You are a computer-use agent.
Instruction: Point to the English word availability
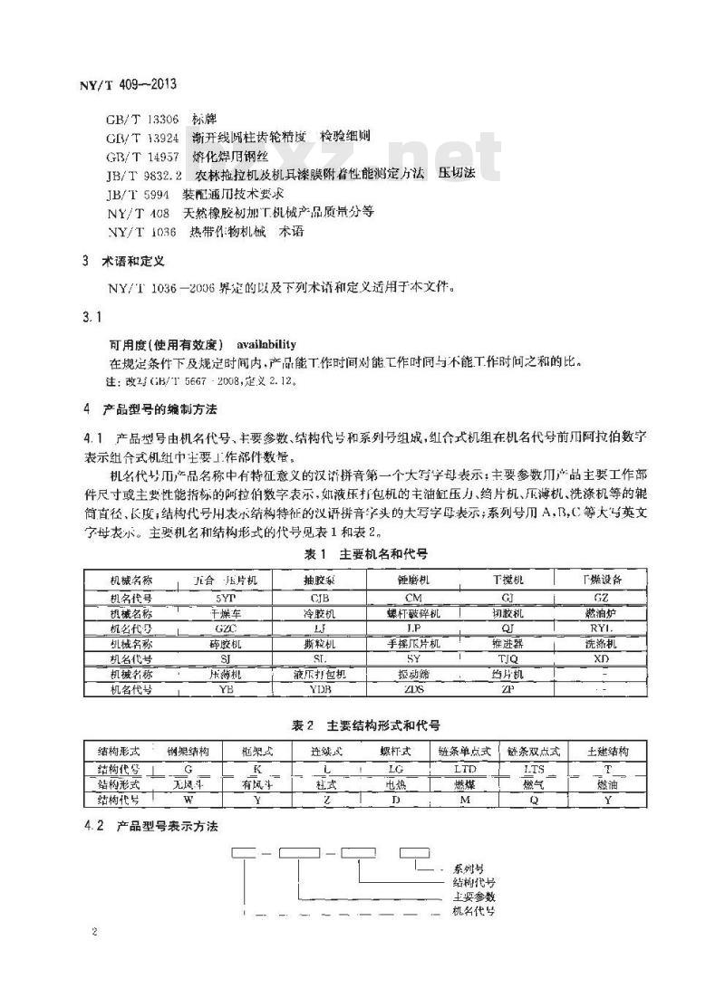[x=266, y=345]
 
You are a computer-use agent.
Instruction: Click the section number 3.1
[x=93, y=318]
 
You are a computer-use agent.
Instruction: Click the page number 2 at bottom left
[x=93, y=933]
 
